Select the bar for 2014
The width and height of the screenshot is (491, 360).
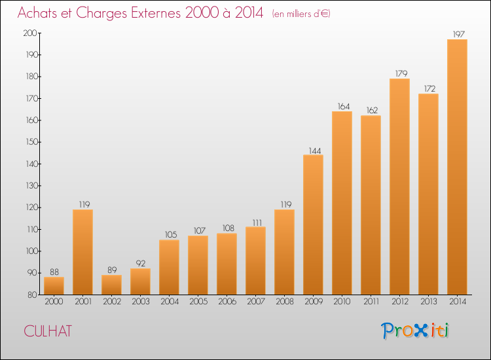coord(457,167)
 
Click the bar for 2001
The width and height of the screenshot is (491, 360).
coord(82,252)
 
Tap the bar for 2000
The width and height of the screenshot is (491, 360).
coord(54,286)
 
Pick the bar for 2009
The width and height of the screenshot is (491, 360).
coord(313,225)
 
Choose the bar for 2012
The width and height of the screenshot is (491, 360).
coord(399,187)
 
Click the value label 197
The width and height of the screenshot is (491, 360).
coord(459,34)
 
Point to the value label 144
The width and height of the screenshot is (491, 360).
coord(315,151)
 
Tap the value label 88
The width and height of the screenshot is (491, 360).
coord(54,272)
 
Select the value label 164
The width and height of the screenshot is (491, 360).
coord(344,107)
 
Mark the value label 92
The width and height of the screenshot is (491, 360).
coord(141,264)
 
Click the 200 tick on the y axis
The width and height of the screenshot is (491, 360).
coord(30,33)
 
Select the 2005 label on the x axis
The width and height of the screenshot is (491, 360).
coord(198,302)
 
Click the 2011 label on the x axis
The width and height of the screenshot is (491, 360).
coord(371,302)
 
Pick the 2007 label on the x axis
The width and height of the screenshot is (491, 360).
coord(256,302)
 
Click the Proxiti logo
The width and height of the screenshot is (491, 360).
coord(415,331)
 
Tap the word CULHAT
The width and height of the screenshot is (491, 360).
coord(48,331)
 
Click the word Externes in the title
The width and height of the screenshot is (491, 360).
coord(156,13)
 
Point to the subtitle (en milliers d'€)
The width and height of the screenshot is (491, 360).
coord(301,14)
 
